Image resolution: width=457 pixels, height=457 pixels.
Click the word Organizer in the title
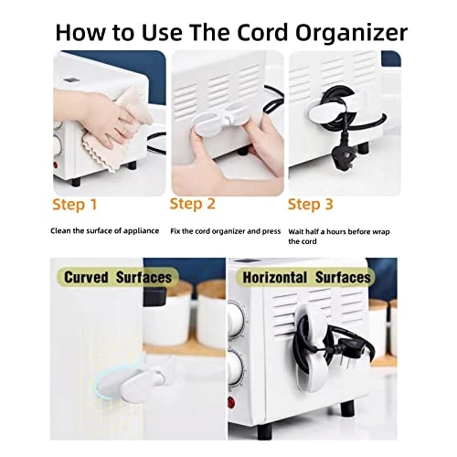click(351, 33)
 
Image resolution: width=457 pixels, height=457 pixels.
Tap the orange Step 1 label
click(75, 205)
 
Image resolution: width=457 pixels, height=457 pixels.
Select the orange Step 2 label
click(193, 204)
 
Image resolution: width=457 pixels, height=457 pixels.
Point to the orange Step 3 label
click(311, 204)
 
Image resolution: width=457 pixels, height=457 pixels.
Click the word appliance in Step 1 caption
click(142, 231)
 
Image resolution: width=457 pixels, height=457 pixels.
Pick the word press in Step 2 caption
click(271, 232)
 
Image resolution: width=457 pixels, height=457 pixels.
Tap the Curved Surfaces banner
click(118, 277)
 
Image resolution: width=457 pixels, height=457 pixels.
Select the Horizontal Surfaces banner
click(306, 278)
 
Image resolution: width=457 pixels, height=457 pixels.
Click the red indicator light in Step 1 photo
click(56, 165)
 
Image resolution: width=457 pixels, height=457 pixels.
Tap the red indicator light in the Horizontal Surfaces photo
click(232, 402)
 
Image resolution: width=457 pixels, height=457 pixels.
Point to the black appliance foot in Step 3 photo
click(363, 148)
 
